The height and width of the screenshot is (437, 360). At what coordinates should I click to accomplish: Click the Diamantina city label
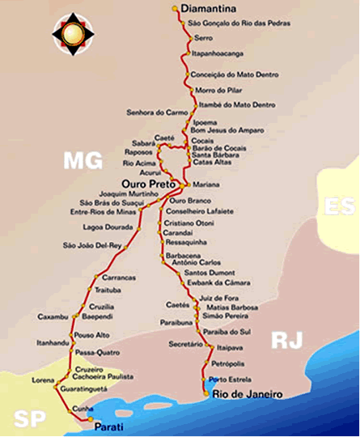click(x=208, y=9)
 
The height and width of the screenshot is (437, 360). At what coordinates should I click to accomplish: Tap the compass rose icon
click(x=73, y=32)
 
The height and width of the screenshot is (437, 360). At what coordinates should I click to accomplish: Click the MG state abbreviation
click(x=84, y=161)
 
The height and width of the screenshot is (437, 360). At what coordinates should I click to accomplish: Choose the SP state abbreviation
click(x=27, y=418)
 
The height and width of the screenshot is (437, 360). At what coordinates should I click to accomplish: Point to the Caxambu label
click(x=53, y=316)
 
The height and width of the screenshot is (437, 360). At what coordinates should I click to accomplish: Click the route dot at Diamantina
click(x=176, y=9)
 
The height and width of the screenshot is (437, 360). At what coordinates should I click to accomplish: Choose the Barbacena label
click(x=181, y=254)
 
